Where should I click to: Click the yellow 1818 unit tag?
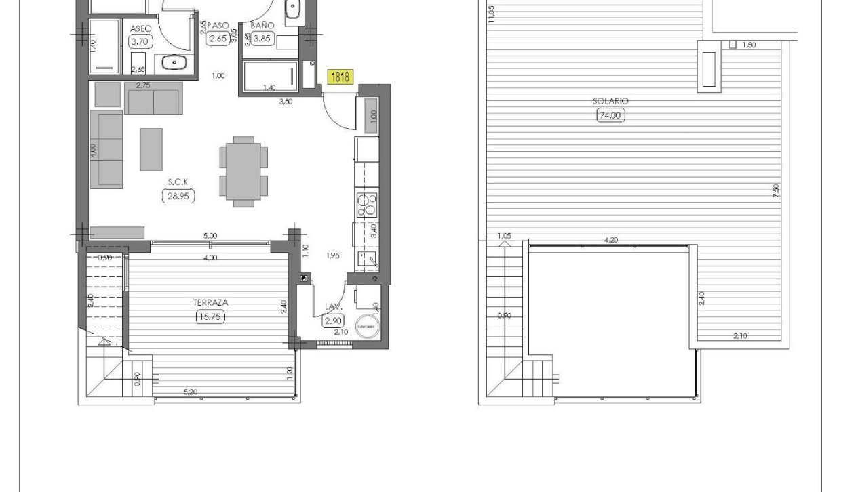tap(340, 77)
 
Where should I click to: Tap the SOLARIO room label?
tap(610, 101)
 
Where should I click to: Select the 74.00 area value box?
tap(610, 115)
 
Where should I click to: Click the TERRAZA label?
tap(210, 303)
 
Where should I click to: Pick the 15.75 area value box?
tap(210, 316)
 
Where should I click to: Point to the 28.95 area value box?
tap(178, 196)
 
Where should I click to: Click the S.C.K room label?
tap(178, 182)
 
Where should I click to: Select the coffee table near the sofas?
tap(151, 149)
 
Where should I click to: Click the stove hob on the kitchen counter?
tap(367, 205)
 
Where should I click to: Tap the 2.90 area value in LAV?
tap(332, 321)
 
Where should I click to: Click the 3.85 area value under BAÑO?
tap(261, 39)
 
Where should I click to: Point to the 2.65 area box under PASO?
tap(218, 39)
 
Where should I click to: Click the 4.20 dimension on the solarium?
tap(610, 240)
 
